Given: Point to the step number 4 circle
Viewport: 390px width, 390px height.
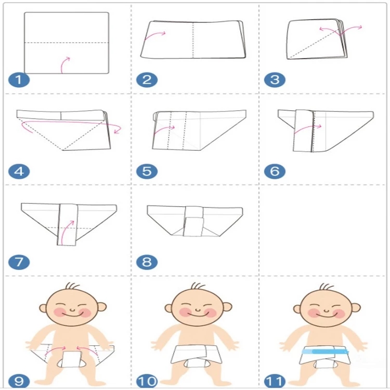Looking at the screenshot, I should click(17, 171).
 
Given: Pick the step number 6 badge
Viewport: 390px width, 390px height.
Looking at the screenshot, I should click(272, 171).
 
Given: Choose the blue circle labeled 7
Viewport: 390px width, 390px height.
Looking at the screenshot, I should click(17, 262).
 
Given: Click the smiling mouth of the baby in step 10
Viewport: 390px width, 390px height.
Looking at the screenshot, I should click(197, 317).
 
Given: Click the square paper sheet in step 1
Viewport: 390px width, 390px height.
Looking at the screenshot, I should click(67, 43).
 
